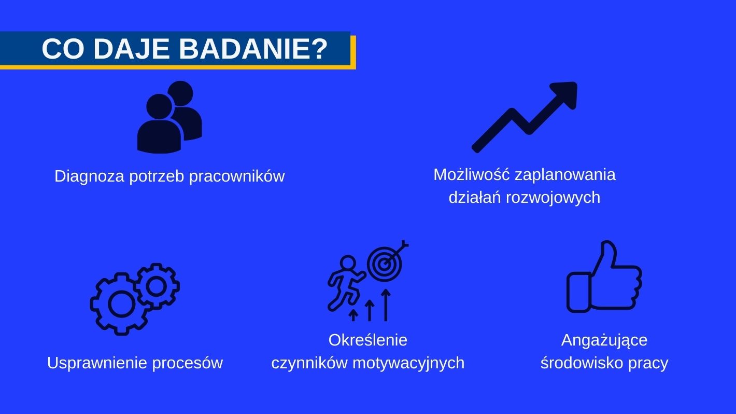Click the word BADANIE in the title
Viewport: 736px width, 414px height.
[x=253, y=49]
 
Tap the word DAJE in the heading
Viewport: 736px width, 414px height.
[x=132, y=49]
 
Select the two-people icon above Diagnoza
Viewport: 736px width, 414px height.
[x=169, y=117]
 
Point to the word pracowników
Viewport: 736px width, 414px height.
[x=237, y=176]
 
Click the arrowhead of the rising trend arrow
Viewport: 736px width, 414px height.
[x=564, y=94]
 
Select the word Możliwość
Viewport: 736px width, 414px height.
[x=472, y=175]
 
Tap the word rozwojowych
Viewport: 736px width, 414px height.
[x=553, y=198]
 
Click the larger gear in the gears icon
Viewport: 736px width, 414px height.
[x=121, y=304]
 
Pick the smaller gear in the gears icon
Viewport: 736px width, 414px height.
[x=157, y=286]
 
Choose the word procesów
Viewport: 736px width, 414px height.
[x=188, y=364]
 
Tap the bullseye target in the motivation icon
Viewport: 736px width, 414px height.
[x=385, y=264]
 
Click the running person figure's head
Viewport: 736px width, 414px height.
[x=348, y=263]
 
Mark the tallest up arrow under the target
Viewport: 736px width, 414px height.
[x=386, y=305]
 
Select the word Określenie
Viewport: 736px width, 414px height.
[x=368, y=340]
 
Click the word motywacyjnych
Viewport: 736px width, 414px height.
[x=408, y=363]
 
